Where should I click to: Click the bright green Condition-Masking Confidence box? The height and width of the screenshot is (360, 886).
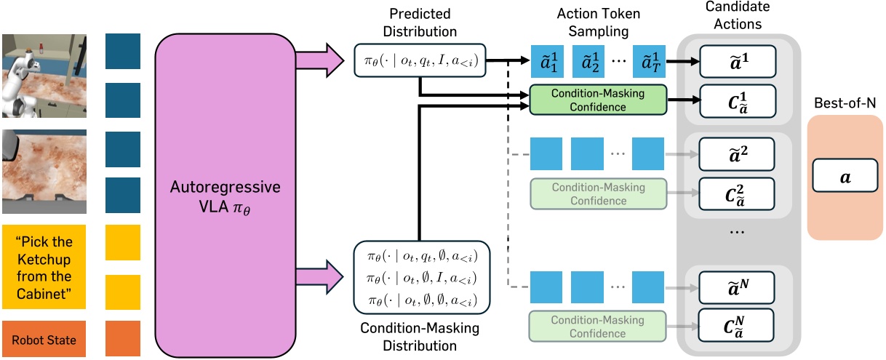coord(598,100)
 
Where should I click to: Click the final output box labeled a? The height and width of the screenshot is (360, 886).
coord(843,176)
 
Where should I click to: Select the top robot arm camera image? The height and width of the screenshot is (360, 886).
coord(44,75)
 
